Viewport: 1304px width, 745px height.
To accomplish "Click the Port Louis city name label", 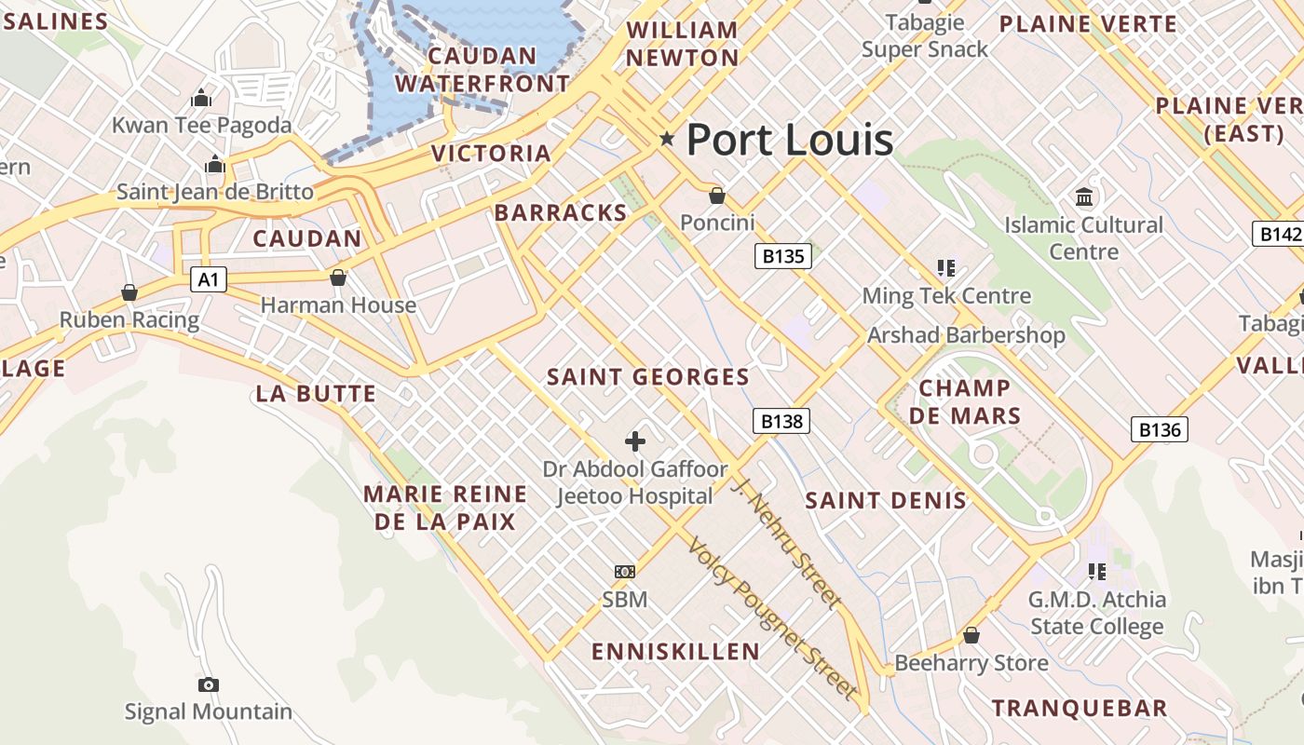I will (x=790, y=140).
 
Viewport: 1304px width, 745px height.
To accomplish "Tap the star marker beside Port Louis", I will (x=667, y=139).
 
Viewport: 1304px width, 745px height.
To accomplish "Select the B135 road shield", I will (x=782, y=256).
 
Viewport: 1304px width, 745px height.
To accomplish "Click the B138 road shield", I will (x=781, y=421).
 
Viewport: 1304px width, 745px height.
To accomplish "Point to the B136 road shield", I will (x=1160, y=429).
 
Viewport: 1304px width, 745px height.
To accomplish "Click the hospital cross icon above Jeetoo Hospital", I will (x=635, y=440).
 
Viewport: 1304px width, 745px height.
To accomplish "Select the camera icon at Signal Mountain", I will (x=209, y=685).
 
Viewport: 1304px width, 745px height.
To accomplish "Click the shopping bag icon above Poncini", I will (x=716, y=196).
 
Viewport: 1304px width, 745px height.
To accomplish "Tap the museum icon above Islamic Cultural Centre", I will (x=1084, y=196).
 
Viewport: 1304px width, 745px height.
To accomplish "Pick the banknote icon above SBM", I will (x=624, y=571).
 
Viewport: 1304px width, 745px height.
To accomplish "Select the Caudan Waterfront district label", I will (x=482, y=70).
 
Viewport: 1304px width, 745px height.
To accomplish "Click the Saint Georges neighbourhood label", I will (x=647, y=377).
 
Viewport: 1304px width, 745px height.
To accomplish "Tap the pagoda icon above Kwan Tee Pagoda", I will (x=201, y=98).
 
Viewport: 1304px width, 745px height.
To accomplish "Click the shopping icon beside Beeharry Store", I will (x=971, y=635).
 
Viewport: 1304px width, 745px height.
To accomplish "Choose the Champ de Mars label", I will (x=965, y=401).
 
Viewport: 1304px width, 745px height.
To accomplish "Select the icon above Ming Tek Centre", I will (x=946, y=269).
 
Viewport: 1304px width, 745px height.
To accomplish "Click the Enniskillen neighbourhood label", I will (x=676, y=651).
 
